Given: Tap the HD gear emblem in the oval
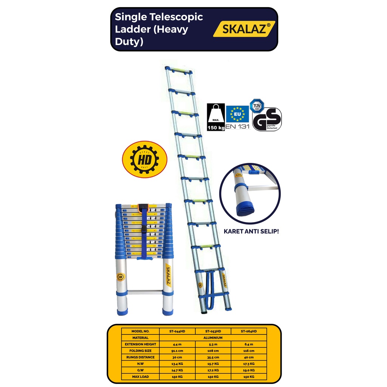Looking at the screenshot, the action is [x=140, y=159].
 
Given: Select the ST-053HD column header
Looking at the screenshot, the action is [x=213, y=331].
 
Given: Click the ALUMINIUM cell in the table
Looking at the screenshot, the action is [x=213, y=338].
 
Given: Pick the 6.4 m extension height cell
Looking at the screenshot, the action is [x=249, y=344].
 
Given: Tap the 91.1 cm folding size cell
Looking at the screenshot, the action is [x=178, y=351].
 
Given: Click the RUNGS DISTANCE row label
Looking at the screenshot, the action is [x=141, y=357].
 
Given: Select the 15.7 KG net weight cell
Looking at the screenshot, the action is [x=213, y=364].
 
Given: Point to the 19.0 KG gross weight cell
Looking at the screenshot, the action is [x=249, y=370].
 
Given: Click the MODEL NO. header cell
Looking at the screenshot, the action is [x=141, y=331].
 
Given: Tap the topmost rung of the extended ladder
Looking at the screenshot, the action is [x=178, y=71].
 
